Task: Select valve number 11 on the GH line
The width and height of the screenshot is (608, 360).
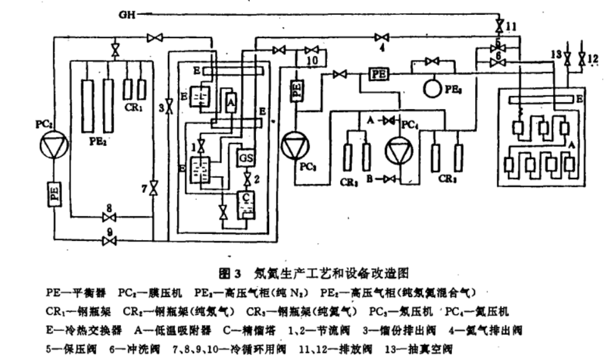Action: pyautogui.click(x=499, y=26)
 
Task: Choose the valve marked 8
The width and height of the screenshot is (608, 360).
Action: pyautogui.click(x=109, y=217)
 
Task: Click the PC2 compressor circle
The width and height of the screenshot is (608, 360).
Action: pyautogui.click(x=52, y=147)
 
